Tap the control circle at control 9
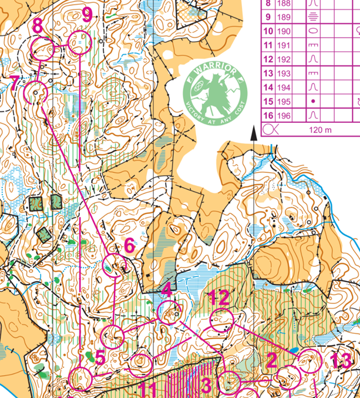[x=79, y=43]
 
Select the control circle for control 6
[x=115, y=266]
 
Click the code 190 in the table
[x=285, y=31]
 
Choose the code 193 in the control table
[x=285, y=73]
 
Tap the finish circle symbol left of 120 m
[x=270, y=128]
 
